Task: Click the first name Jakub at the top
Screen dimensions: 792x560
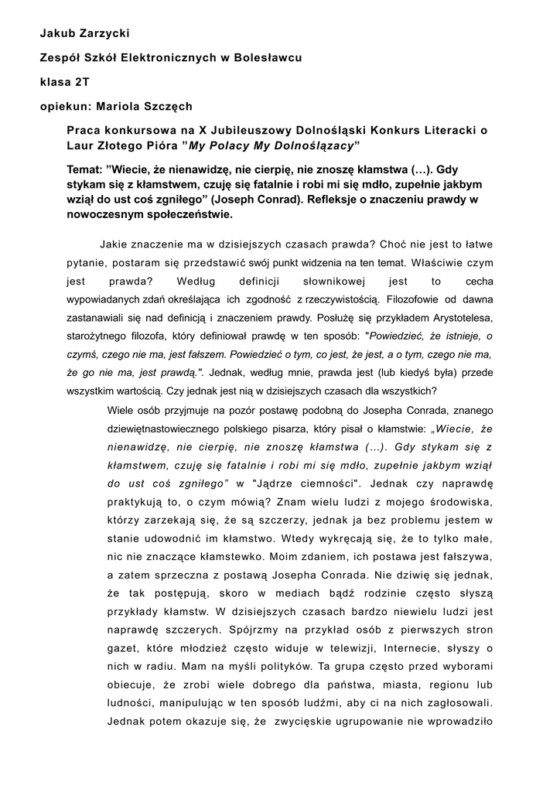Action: click(57, 33)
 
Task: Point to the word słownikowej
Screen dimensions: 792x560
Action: click(330, 282)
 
